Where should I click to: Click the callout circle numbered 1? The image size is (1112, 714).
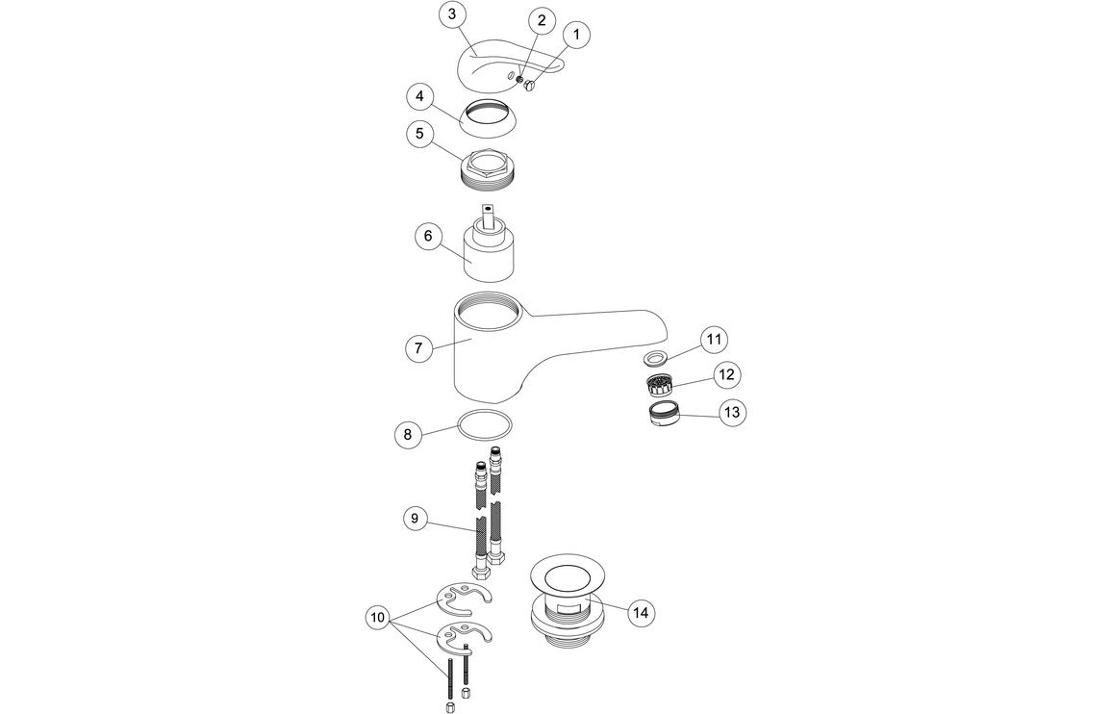576,36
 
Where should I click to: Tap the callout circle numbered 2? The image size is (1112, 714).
541,20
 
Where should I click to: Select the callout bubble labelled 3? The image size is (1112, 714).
452,14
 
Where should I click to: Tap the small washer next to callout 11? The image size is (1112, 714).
656,358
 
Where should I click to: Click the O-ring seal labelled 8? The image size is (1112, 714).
483,423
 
